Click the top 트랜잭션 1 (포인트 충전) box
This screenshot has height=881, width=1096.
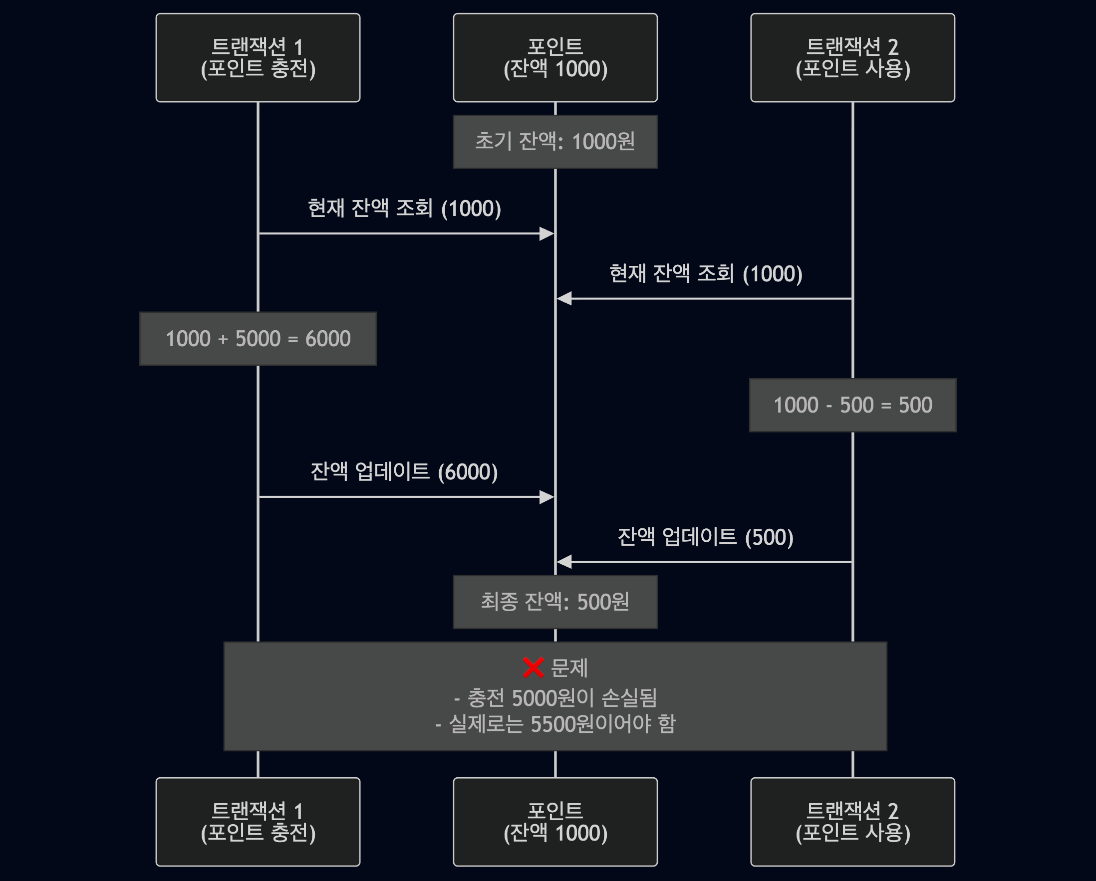click(x=258, y=57)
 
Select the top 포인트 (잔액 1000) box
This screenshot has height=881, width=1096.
click(x=555, y=57)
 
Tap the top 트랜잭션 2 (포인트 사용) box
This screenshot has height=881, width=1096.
click(x=852, y=57)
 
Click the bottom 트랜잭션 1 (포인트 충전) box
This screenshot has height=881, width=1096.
click(x=258, y=822)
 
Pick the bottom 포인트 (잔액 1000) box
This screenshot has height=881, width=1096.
click(x=555, y=822)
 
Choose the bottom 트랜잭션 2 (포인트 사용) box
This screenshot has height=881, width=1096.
click(x=852, y=822)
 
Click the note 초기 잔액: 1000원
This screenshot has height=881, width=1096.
click(x=555, y=142)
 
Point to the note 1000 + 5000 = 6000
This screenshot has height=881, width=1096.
click(x=258, y=338)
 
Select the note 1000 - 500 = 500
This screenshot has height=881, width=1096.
click(x=852, y=405)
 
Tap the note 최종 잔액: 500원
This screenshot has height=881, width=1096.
click(x=555, y=602)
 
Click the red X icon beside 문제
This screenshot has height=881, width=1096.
click(x=533, y=667)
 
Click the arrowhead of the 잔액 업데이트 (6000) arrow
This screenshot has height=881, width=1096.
click(x=547, y=497)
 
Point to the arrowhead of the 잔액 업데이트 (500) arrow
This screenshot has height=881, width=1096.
click(x=564, y=562)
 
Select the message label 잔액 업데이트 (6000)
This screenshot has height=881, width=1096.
click(x=404, y=471)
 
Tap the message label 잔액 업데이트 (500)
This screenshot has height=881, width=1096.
click(x=705, y=537)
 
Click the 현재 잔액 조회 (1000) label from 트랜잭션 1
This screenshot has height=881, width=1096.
click(x=404, y=209)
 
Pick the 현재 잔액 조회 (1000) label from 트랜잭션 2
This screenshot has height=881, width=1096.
click(x=705, y=274)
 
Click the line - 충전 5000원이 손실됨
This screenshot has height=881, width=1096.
click(x=555, y=698)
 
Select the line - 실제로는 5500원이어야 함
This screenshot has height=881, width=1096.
click(x=555, y=724)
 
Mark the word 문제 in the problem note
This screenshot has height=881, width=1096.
click(x=569, y=667)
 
